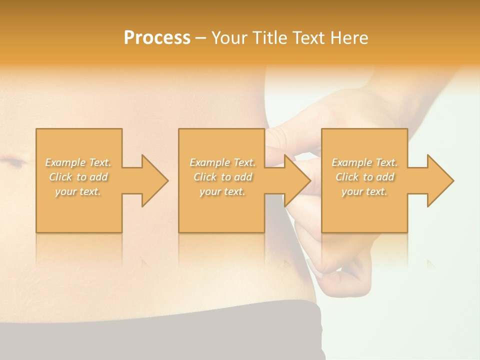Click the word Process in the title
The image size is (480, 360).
click(157, 38)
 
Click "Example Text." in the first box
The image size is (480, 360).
click(78, 162)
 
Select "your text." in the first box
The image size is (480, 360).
click(78, 191)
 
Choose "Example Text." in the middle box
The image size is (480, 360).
click(222, 162)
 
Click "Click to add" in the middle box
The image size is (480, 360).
click(222, 177)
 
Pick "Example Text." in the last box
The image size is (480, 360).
click(364, 162)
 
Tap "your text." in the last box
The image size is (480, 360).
click(364, 191)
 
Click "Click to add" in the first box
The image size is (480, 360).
click(78, 177)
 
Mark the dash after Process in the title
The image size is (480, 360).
click(200, 38)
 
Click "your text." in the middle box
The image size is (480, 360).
click(222, 191)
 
